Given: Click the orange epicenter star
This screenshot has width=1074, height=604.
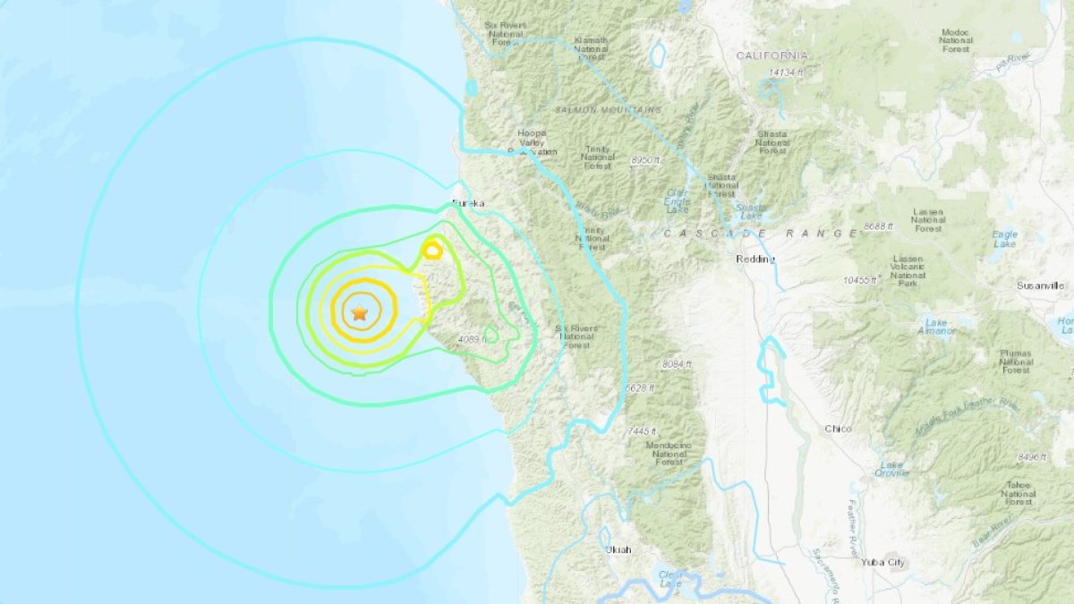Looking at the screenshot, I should coord(359,313).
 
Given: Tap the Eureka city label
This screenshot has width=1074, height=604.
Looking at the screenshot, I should coord(469,203).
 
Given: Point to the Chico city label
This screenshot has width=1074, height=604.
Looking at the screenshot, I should coord(839,430).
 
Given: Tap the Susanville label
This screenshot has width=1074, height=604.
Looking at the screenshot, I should coord(1041,285).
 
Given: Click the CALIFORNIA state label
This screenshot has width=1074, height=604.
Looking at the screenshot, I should coord(771,55).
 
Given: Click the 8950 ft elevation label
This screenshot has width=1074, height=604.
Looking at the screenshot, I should coord(644,160).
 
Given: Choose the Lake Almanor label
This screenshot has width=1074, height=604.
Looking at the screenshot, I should coord(937,327).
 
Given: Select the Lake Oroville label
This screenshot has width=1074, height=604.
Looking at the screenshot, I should coord(892,470).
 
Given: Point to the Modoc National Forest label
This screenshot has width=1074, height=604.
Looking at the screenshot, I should coord(957,40).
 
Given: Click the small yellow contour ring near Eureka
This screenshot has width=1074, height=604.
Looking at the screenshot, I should coord(432,251).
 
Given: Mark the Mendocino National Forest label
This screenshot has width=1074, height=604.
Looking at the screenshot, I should coord(669,453).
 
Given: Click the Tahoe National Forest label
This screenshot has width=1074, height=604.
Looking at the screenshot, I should coord(1019,492).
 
